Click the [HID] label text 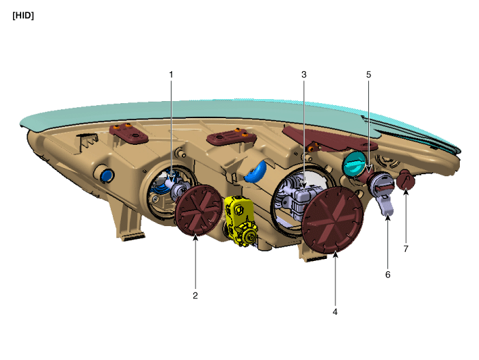tap(23, 16)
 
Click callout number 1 tap(172, 74)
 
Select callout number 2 tap(195, 296)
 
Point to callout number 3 tap(304, 74)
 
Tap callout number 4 tap(336, 311)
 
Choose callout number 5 tap(368, 74)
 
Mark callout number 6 tap(387, 275)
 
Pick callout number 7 tap(405, 249)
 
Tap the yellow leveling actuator tap(240, 219)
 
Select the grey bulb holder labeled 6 tap(385, 198)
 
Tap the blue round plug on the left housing tap(105, 176)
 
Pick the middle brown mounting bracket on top tap(228, 138)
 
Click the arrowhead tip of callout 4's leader tap(336, 253)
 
